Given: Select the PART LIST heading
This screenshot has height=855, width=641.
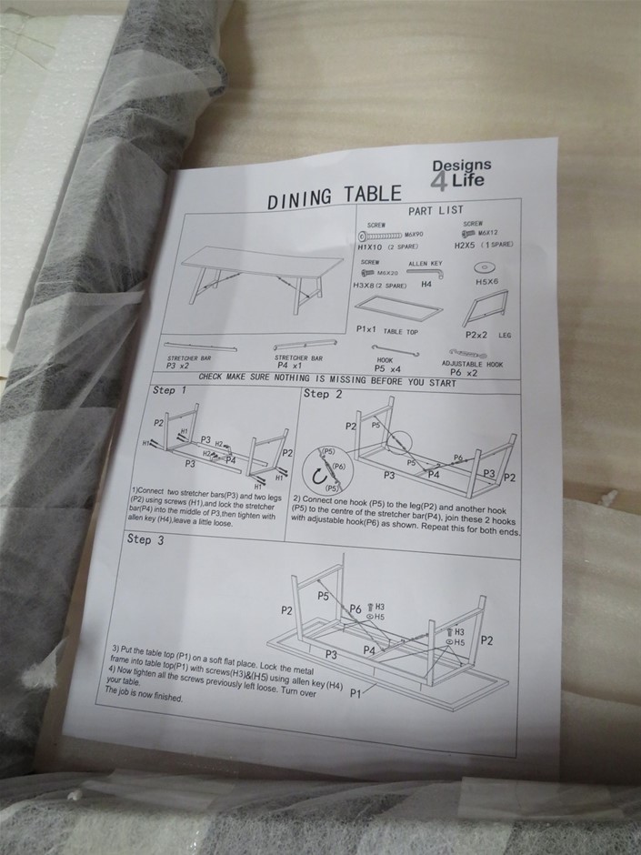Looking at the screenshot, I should tap(436, 210).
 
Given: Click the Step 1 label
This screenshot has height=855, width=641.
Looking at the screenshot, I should tap(170, 390).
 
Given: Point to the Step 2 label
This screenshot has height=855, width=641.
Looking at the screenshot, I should tap(323, 394).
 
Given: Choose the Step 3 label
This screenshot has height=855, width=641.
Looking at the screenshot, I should tap(145, 539).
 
